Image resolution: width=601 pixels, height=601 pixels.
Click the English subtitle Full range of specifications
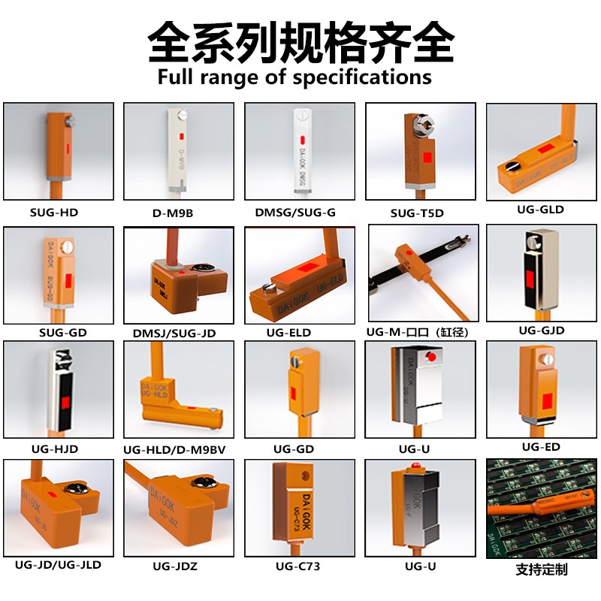point(294,77)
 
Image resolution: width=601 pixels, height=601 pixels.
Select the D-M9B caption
point(173,213)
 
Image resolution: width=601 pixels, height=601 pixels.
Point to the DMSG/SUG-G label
point(295,213)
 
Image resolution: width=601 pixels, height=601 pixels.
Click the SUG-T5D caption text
point(417,213)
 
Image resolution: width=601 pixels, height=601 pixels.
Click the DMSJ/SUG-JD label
point(174,332)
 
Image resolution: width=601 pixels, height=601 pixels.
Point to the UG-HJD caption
point(55,449)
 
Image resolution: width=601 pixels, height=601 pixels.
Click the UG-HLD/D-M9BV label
point(174,450)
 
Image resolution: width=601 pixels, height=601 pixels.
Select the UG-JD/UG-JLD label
point(58,564)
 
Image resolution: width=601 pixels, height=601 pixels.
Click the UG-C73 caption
point(297,566)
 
